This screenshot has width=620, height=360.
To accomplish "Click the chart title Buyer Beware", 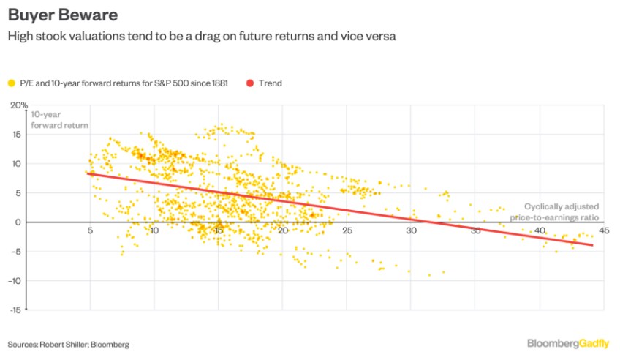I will pos(59,14).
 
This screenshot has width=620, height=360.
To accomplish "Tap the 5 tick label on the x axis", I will pos(90,231).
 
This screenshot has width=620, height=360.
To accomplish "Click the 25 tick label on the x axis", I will pos(347,231).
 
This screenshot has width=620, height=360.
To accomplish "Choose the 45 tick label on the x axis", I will pos(604,231).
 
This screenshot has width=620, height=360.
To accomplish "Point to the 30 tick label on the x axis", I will pos(412,231).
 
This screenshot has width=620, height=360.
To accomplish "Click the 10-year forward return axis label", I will pos(59,119).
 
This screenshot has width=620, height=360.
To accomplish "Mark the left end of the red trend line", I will pos(88,173).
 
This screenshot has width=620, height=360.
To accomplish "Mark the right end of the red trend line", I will pos(592,245).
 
